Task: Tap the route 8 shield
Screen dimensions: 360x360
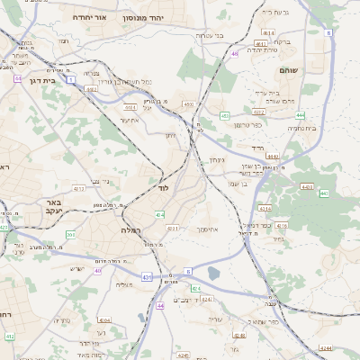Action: [x=328, y=32]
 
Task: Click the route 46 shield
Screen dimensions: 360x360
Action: [x=234, y=54]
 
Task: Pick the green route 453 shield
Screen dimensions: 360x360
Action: [x=224, y=115]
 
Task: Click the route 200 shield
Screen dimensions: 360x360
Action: [x=71, y=234]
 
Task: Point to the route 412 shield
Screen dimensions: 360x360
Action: [x=10, y=336]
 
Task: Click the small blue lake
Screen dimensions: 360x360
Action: [x=212, y=272]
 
